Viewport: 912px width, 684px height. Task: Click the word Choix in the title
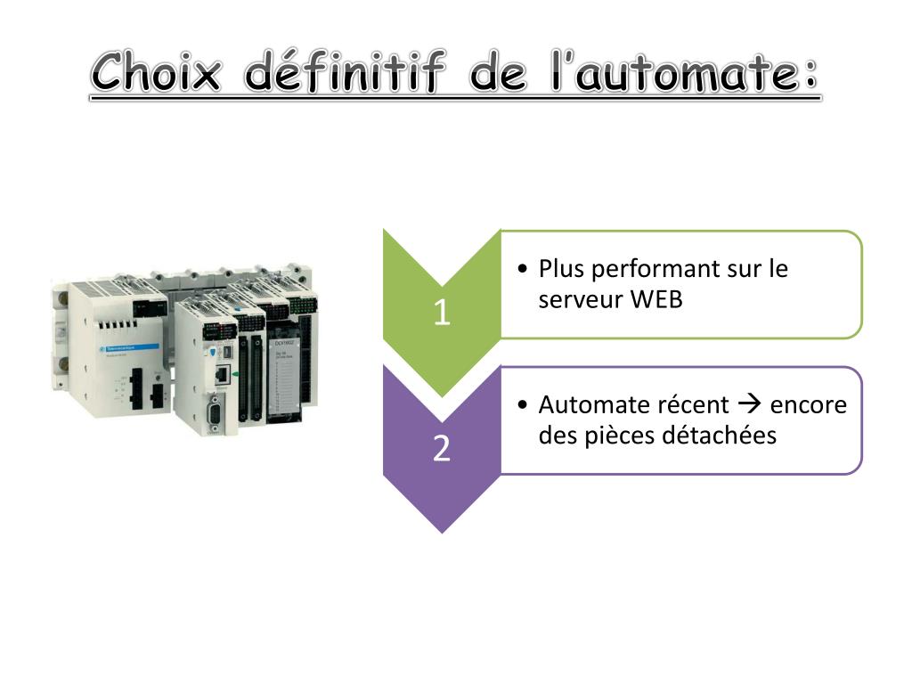click(156, 72)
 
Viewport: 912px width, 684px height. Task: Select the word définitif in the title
click(342, 72)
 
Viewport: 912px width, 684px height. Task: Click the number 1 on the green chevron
click(442, 313)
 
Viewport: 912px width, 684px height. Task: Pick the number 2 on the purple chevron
click(442, 448)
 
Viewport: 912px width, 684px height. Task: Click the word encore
click(808, 405)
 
